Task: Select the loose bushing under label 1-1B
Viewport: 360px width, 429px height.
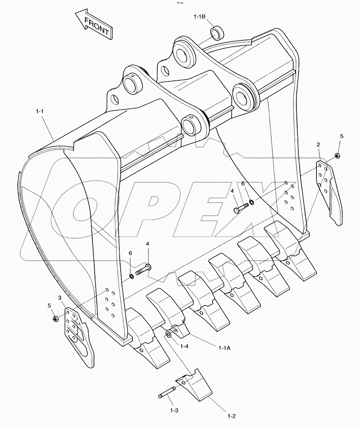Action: pyautogui.click(x=217, y=33)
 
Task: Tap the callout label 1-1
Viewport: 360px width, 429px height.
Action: pyautogui.click(x=39, y=112)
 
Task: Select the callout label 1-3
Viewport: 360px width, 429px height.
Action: pyautogui.click(x=174, y=410)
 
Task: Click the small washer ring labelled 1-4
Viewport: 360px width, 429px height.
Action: pyautogui.click(x=168, y=334)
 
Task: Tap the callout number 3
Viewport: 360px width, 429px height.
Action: pyautogui.click(x=60, y=298)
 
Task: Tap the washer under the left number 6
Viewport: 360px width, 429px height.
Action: pyautogui.click(x=131, y=276)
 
